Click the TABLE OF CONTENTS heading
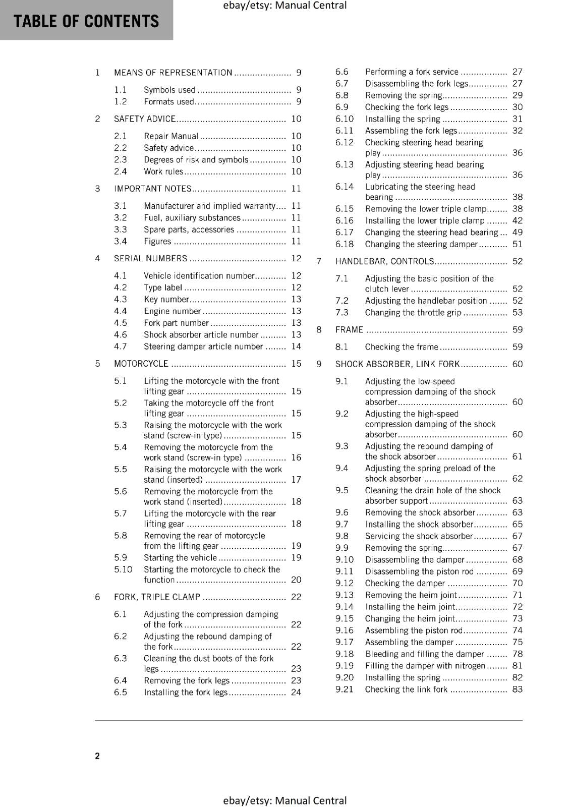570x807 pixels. tap(86, 21)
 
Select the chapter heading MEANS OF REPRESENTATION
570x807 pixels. tap(173, 73)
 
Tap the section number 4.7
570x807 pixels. tap(120, 347)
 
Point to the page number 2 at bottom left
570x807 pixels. tap(97, 756)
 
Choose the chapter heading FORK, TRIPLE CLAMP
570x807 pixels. tap(157, 597)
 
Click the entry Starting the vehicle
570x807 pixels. tap(180, 558)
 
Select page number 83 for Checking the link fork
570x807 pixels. tap(518, 689)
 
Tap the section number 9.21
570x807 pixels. tap(345, 689)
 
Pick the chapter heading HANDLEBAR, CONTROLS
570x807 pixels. tap(384, 261)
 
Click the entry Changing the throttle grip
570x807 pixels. tap(413, 313)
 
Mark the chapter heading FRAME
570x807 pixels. tap(349, 330)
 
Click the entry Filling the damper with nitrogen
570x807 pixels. tap(425, 666)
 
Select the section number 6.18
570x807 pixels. tap(345, 244)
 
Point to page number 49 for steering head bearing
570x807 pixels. tap(518, 233)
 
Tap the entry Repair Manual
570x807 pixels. tap(171, 136)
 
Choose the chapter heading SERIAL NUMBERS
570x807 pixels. tap(150, 259)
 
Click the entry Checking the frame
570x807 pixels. tap(402, 347)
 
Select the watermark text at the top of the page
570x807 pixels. tap(284, 6)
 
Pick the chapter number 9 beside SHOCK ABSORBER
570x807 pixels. tap(319, 364)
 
